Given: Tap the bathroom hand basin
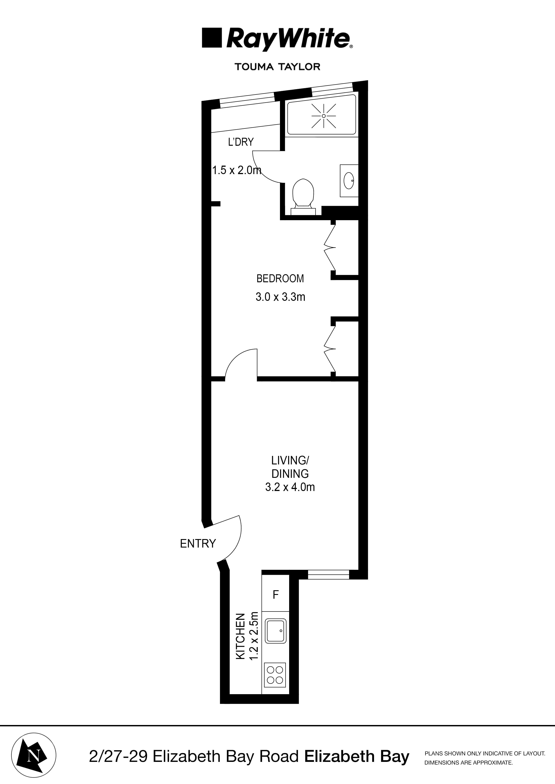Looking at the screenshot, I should pyautogui.click(x=348, y=181).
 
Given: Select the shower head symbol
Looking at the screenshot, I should pyautogui.click(x=324, y=116).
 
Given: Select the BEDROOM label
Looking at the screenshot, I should pyautogui.click(x=280, y=279).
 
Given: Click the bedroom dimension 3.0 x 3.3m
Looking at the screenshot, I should pyautogui.click(x=280, y=297).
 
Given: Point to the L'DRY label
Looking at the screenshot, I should pyautogui.click(x=241, y=142).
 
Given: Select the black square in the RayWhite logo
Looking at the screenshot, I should pyautogui.click(x=212, y=38).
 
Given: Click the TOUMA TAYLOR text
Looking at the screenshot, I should pyautogui.click(x=277, y=67).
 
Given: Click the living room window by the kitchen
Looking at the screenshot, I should pyautogui.click(x=328, y=575).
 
